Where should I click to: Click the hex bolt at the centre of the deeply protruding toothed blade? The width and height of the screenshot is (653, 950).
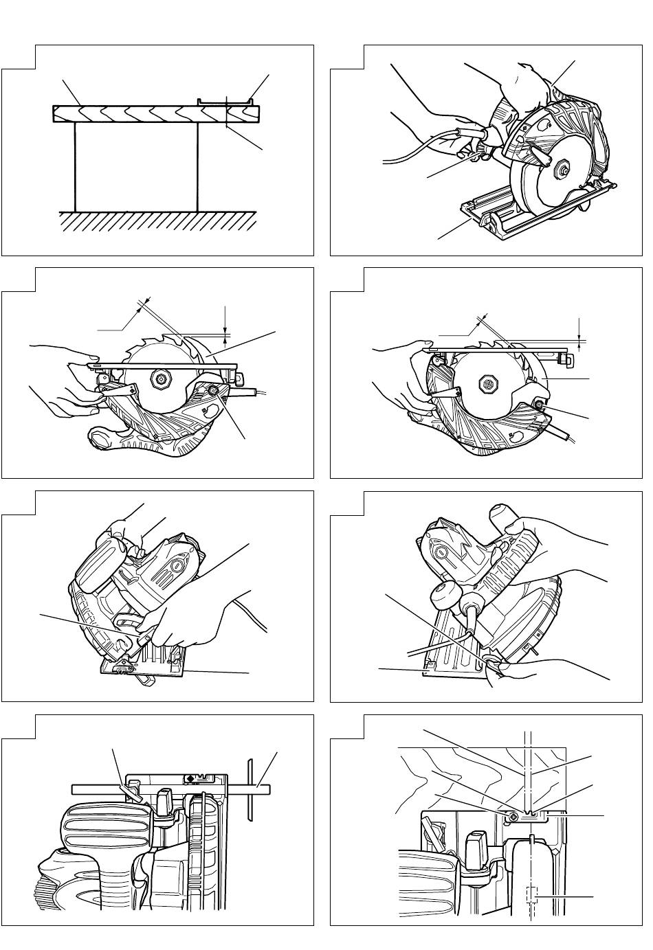pos(163,378)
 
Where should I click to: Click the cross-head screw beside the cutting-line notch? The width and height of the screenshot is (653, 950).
pos(513,817)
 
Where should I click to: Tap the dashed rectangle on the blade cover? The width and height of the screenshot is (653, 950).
pos(530,896)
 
